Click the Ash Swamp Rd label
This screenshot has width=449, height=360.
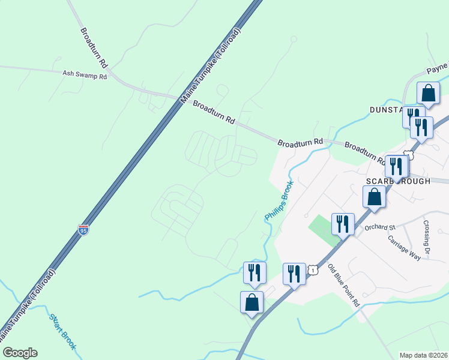click(x=85, y=76)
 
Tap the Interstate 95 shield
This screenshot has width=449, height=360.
click(x=83, y=230)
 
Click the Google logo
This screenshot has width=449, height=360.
click(x=19, y=353)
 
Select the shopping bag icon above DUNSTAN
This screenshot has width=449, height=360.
click(x=428, y=93)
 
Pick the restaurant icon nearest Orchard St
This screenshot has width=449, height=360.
click(x=342, y=224)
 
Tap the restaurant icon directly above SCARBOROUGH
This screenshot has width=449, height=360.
click(x=396, y=166)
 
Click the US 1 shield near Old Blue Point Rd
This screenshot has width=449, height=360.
click(x=313, y=272)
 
